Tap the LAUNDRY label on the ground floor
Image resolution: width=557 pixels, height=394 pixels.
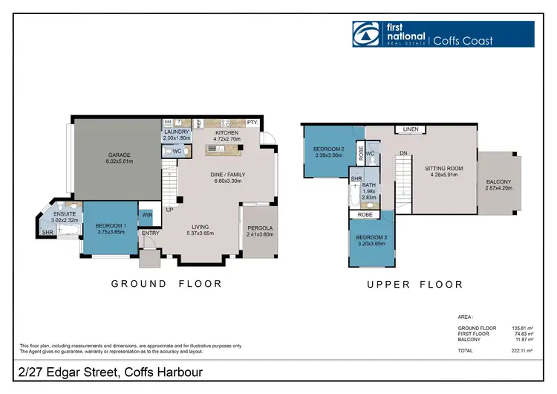[177, 132]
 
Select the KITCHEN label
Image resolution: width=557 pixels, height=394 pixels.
[227, 132]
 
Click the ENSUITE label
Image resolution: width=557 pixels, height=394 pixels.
[65, 215]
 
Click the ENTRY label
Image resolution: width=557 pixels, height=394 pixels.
[150, 233]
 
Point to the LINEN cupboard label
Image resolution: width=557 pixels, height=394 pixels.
[410, 129]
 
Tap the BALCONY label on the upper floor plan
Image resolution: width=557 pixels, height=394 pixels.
[498, 182]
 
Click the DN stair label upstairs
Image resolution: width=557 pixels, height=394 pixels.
[403, 154]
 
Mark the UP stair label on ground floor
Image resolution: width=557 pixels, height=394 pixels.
[169, 210]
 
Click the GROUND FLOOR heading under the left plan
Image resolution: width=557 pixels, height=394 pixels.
[166, 283]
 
